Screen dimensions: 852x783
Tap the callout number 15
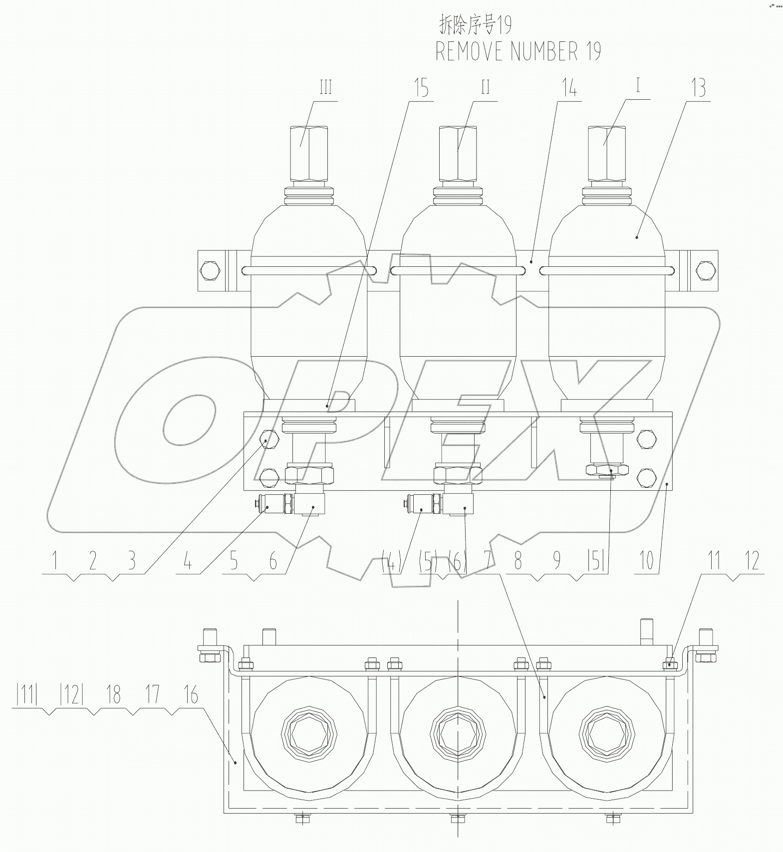click(x=421, y=89)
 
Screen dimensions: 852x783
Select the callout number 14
click(x=569, y=89)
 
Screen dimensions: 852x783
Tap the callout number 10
click(x=646, y=561)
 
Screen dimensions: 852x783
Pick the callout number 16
click(x=191, y=695)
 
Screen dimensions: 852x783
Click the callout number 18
click(x=114, y=695)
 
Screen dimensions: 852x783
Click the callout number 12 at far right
click(x=752, y=560)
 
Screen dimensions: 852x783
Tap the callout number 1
click(x=54, y=561)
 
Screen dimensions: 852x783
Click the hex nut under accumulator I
click(x=607, y=470)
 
